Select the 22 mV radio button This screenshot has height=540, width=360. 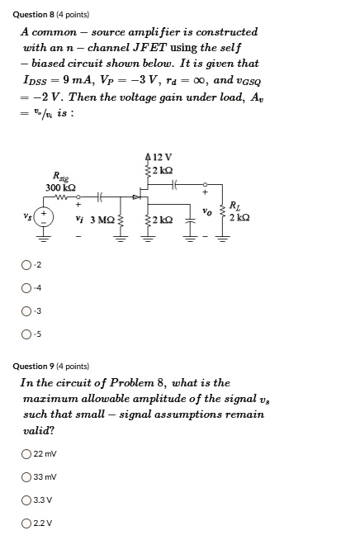[28, 453]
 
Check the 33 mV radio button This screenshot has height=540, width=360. [28, 476]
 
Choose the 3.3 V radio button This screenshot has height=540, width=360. [28, 500]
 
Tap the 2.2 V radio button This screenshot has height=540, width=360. [28, 523]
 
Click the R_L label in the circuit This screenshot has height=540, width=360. [234, 206]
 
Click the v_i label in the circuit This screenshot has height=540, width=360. [78, 219]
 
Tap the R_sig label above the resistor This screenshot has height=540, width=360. [60, 175]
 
